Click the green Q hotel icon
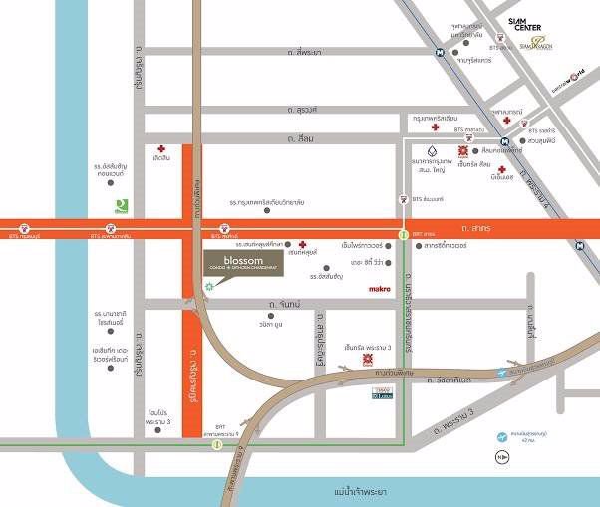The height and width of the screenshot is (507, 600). pyautogui.click(x=121, y=204)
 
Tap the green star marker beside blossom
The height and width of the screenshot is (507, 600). pyautogui.click(x=209, y=286)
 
